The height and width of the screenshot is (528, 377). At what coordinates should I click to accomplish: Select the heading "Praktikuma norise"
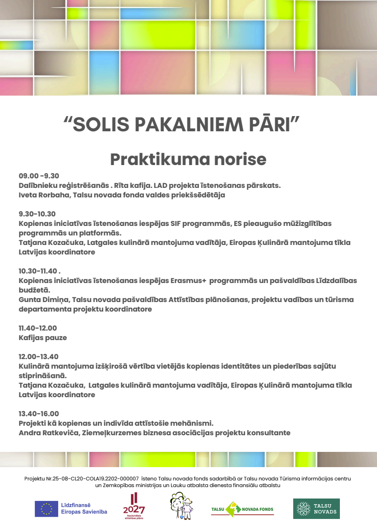[x=188, y=159]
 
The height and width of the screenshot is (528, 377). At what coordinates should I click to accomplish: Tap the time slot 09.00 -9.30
[x=39, y=176]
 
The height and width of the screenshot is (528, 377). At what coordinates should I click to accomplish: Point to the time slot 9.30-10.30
[x=37, y=214]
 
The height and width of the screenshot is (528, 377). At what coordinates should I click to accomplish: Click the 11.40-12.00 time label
[x=38, y=328]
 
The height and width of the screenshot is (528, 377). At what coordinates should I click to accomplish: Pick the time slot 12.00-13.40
[x=39, y=356]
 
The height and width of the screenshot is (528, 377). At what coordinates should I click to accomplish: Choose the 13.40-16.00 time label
[x=39, y=413]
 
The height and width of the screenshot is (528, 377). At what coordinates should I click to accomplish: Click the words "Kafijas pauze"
[x=43, y=338]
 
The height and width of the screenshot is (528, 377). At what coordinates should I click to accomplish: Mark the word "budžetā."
[x=34, y=290]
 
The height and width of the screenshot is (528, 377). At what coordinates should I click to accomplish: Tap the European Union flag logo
[x=46, y=508]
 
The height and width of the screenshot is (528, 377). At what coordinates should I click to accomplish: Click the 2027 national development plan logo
[x=133, y=507]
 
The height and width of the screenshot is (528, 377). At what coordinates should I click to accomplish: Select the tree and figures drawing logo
[x=181, y=506]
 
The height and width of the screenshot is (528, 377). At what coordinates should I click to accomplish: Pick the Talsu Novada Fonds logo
[x=242, y=509]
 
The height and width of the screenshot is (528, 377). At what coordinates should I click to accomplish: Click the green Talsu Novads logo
[x=316, y=508]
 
